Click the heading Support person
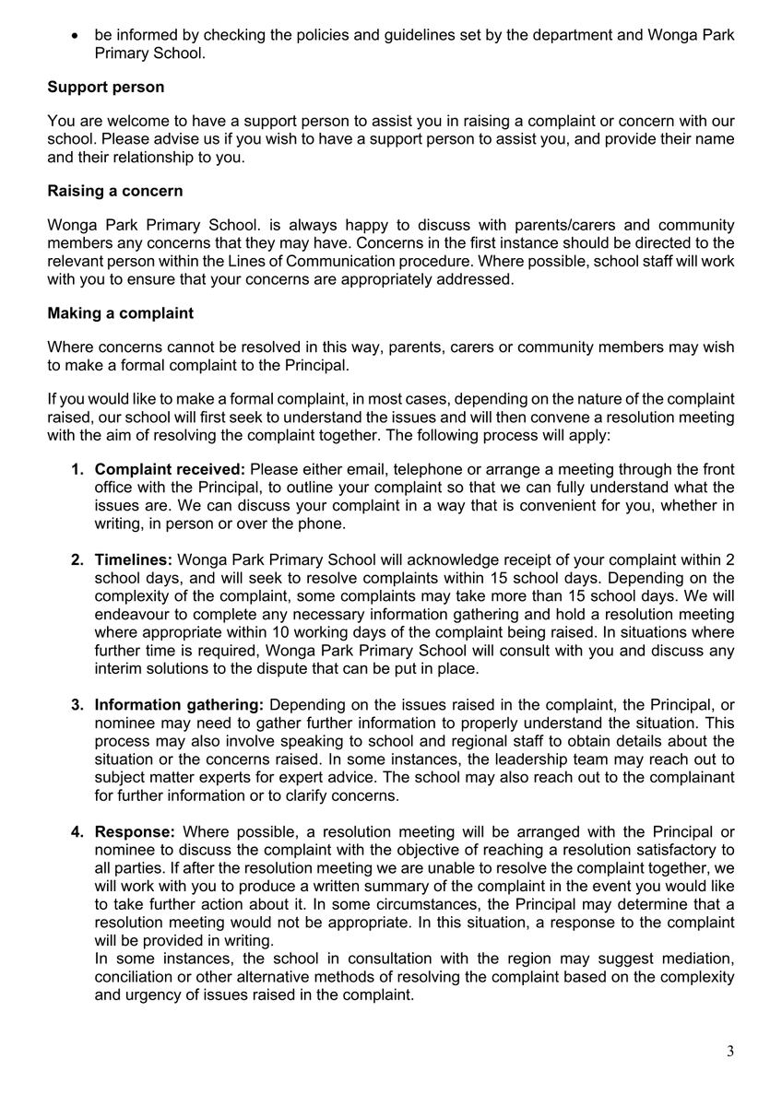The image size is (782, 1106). [x=106, y=88]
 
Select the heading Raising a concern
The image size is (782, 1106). [x=115, y=192]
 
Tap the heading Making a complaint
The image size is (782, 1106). [x=121, y=313]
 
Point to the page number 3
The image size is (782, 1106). [x=730, y=1052]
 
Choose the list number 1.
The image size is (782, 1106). [x=78, y=470]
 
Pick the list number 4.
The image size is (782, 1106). [x=78, y=832]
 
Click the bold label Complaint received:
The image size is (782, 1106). [x=171, y=470]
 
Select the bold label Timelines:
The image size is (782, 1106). [x=134, y=560]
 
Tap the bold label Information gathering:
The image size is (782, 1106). [x=180, y=705]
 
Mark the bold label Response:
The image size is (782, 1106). [x=135, y=832]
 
